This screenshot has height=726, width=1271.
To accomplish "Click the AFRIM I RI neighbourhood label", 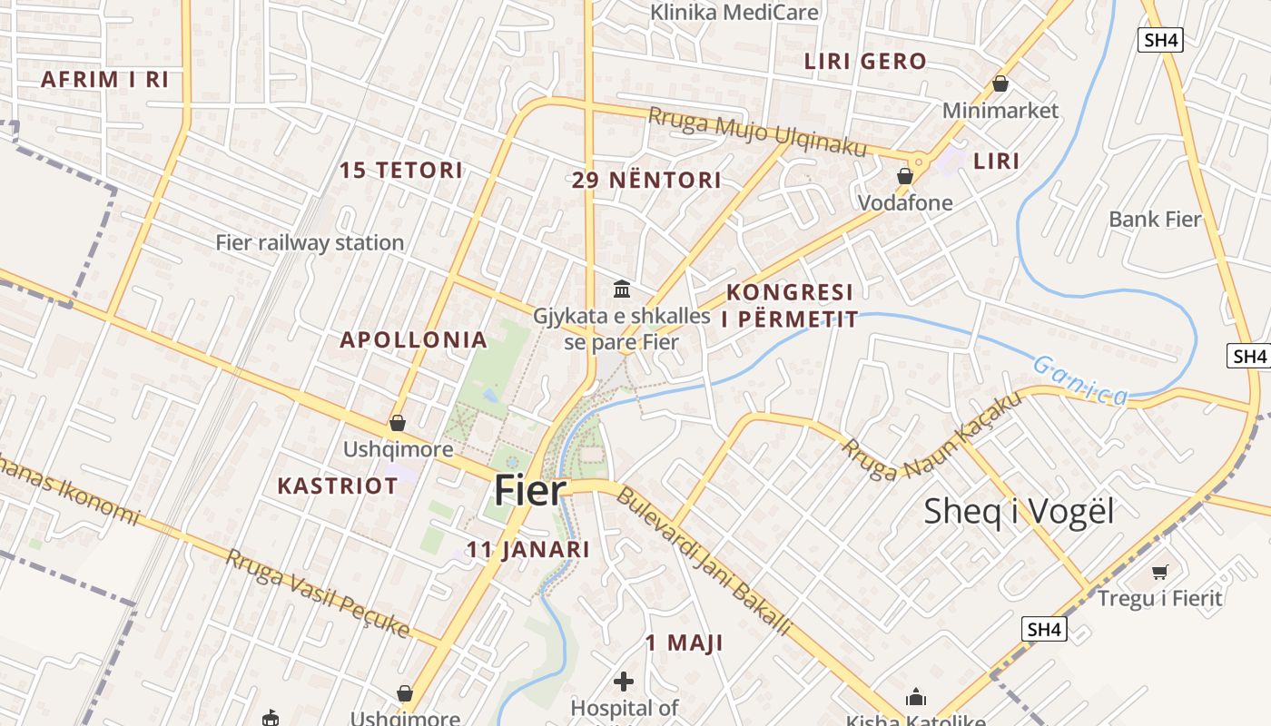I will point(105,79).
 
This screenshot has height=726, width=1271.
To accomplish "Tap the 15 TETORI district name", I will point(401,170).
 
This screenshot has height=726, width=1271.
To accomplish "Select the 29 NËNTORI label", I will point(646,180).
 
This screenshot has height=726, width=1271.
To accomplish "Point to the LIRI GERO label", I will point(865,62).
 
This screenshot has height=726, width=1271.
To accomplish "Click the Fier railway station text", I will point(310,242).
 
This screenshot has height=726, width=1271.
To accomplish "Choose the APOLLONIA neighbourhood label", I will point(413,340).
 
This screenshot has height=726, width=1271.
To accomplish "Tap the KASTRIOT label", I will point(338,486).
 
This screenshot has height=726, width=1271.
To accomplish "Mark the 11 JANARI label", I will point(527,549).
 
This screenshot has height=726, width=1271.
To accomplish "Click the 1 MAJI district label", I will point(684,643).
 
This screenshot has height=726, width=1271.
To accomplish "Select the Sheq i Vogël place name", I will point(1019,511).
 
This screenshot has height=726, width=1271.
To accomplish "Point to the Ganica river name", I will point(1080,379).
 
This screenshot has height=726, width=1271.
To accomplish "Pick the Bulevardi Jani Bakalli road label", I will point(704,561).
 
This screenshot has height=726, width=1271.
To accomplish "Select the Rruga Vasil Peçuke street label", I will point(317,593).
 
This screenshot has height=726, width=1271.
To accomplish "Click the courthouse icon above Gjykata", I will point(623,289).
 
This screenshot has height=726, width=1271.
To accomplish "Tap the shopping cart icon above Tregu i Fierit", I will point(1159,572).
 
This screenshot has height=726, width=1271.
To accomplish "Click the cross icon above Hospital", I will point(624,681).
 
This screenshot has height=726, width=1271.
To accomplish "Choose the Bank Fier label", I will point(1155,219).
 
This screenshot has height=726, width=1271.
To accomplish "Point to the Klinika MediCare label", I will point(734,13).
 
